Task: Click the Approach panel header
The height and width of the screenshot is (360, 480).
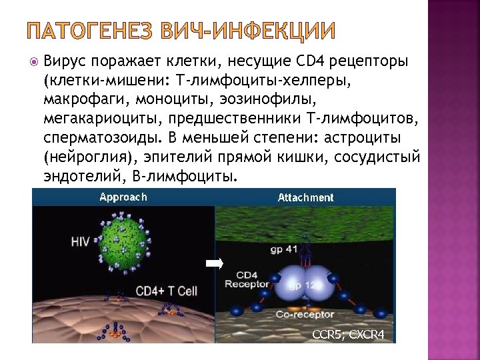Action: coord(123,197)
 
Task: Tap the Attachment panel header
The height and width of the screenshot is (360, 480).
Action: coord(305,198)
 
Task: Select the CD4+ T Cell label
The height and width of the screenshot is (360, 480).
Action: coord(167,291)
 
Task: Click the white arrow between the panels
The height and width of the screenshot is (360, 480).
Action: coord(214,264)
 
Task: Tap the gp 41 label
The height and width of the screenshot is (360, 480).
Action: coord(285,249)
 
